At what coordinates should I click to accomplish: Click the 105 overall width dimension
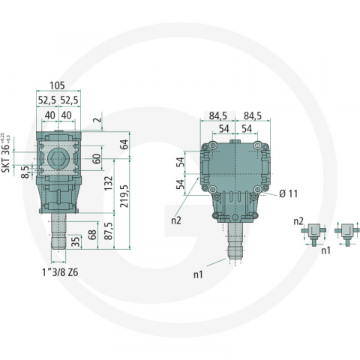pos(59,84)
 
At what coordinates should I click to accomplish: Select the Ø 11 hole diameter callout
pos(289,193)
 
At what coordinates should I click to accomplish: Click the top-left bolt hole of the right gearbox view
pos(214,145)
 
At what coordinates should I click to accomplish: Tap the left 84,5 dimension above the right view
pos(218,115)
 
